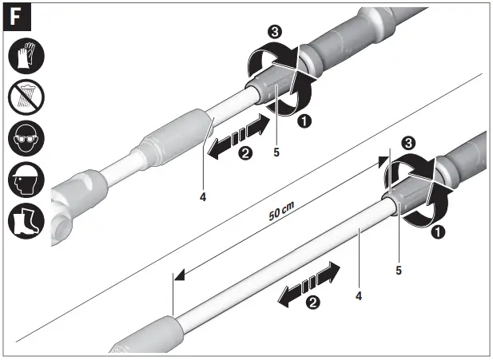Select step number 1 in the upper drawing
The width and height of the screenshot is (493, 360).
304,121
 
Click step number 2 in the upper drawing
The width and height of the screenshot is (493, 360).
245,154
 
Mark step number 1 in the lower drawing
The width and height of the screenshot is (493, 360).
437,232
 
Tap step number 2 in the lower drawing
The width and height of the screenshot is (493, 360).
312,303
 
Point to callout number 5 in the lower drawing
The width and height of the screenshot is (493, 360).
398,270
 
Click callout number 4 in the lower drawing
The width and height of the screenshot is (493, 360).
360,295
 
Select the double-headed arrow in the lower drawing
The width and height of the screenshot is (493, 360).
307,283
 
